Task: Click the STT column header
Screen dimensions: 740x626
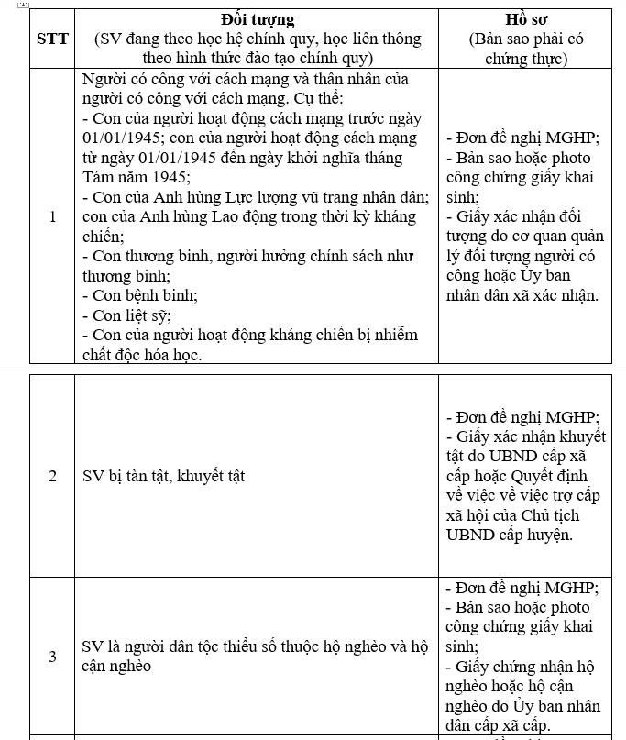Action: coord(52,39)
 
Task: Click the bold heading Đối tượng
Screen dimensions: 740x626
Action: coord(258,19)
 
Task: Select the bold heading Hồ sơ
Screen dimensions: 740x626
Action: coord(525,19)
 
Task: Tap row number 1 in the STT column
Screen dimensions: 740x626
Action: coord(52,216)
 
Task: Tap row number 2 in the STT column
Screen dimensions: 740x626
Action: coord(52,476)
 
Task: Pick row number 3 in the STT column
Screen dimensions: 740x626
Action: coord(52,657)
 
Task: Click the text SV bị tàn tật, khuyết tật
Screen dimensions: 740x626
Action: coord(163,476)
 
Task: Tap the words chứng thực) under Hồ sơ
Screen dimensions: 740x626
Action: coord(525,59)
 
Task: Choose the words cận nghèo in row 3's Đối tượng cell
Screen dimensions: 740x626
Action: coord(117,667)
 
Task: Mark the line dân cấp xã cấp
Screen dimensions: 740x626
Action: coord(499,725)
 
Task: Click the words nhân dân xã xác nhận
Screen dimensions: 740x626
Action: coord(522,295)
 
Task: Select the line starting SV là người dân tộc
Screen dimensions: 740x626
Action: coord(255,646)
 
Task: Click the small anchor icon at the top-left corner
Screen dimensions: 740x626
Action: coord(24,4)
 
